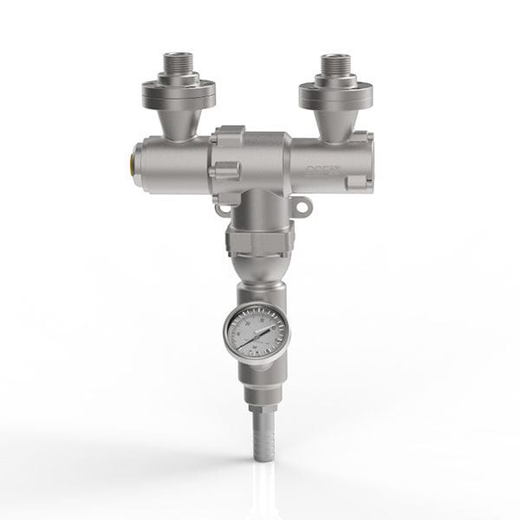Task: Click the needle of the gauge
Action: tap(258, 334)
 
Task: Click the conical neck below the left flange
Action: tap(178, 121)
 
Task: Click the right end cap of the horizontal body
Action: tap(361, 162)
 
